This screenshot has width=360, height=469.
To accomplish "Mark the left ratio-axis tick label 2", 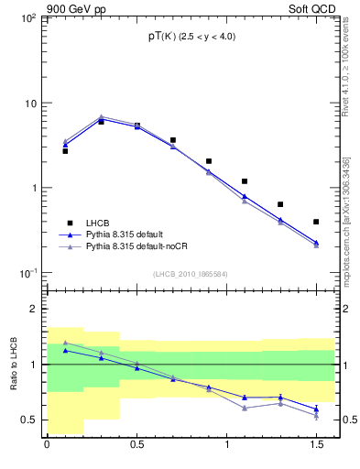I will [33, 309].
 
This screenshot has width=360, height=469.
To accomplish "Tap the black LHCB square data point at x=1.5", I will [316, 222].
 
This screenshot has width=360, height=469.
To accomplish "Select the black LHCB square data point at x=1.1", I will [245, 181].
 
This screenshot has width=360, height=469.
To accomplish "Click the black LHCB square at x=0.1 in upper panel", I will [65, 151].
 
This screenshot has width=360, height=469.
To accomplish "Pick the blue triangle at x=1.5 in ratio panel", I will [316, 409].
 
